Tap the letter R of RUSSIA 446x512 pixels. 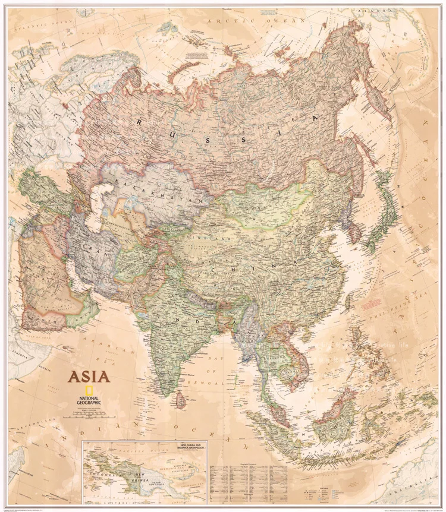coord(139,121)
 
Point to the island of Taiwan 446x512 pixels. coord(353,301)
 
